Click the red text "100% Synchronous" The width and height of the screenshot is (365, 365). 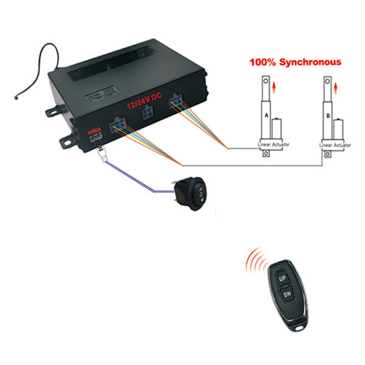coord(294,62)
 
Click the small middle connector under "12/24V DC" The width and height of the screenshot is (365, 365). coord(147,114)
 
